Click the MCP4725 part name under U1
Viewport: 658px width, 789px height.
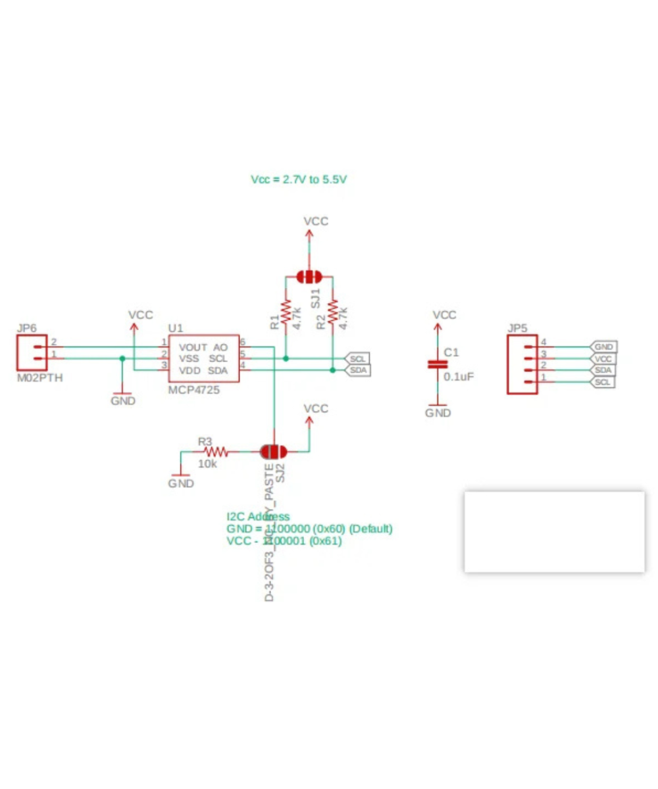(194, 390)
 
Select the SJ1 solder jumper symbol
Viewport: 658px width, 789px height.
(308, 277)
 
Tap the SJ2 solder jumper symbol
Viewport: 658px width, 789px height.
(273, 452)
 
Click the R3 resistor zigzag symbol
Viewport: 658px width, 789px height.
(216, 452)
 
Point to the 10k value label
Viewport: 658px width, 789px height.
(207, 464)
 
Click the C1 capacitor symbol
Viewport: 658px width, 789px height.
(434, 364)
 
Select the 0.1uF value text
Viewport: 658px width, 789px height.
(459, 377)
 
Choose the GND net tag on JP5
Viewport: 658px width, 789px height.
(604, 347)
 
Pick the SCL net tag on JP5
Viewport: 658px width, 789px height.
(603, 382)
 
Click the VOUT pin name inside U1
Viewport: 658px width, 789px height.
(193, 347)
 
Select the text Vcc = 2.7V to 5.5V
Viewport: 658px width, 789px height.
(299, 179)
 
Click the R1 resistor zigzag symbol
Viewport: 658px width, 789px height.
(286, 312)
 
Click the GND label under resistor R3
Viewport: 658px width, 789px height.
(181, 484)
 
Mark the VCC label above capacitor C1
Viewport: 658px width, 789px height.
(445, 316)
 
